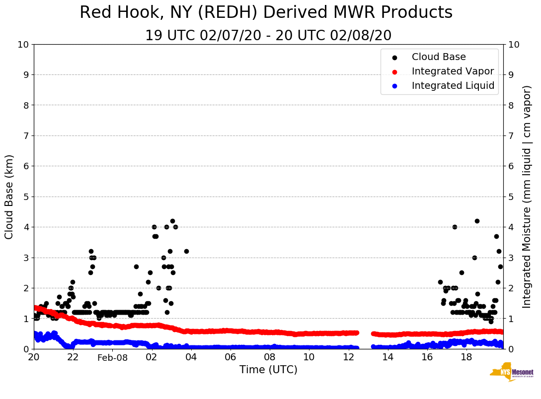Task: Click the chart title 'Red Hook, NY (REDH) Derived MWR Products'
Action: coord(266,13)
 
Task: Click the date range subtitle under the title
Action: coord(268,36)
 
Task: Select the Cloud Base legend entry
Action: coord(439,57)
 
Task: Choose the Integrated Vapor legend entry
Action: coord(453,71)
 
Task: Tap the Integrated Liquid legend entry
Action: coord(453,86)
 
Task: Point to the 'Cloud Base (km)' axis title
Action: coord(9,197)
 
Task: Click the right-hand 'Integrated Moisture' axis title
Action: coord(527,197)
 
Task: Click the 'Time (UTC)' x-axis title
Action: coord(268,370)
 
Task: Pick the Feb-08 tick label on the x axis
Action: coord(112,358)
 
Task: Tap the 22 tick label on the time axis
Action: coord(73,357)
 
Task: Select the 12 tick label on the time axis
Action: coord(348,357)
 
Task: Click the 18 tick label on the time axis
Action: coord(466,357)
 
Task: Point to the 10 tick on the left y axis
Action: coord(23,45)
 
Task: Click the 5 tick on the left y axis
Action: coord(25,197)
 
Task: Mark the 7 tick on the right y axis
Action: coord(511,135)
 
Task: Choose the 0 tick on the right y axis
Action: coord(511,349)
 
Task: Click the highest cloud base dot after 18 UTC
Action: coord(477,221)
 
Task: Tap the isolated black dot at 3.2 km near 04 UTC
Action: coord(186,251)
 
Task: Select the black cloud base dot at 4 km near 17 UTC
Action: coord(455,227)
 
